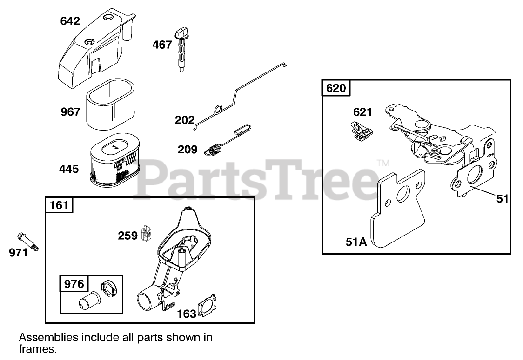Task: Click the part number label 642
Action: pos(70,21)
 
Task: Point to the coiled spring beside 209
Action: pos(214,150)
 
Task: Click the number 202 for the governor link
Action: pos(185,120)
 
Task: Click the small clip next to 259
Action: pos(147,234)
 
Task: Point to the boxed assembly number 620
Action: pos(336,88)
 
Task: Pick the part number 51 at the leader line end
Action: pos(502,199)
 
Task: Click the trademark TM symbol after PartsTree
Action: pos(382,163)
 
